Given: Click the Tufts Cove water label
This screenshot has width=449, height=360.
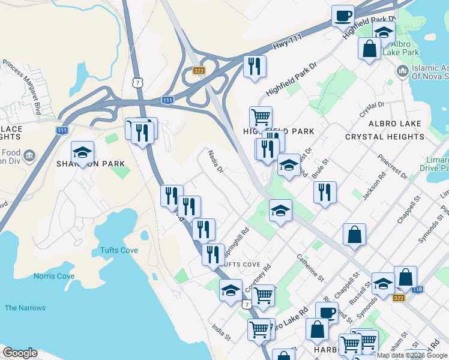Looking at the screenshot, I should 119,250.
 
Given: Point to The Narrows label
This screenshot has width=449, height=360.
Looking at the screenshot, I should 25,308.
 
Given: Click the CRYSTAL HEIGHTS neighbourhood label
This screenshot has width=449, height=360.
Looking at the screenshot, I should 385,137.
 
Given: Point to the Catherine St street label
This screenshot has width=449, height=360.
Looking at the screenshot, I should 310,267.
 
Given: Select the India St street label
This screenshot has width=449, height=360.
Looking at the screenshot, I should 221,332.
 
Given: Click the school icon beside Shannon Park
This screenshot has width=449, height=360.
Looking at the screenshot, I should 83,152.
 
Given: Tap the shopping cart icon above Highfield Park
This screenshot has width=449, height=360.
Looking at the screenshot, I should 261,116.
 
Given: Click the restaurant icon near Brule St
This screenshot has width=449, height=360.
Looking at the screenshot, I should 325,192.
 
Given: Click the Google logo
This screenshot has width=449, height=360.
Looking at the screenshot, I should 20,353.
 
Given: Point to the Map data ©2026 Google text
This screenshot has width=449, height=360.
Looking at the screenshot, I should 412,355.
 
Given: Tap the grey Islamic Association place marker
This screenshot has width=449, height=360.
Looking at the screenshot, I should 402,72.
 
